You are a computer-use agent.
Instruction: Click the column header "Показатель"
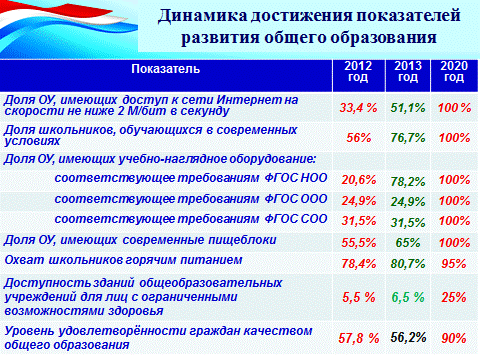[166, 69]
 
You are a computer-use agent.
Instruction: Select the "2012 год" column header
[358, 71]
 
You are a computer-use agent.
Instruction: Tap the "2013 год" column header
[408, 71]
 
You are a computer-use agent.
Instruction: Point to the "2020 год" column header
[454, 71]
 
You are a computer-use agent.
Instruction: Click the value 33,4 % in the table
[358, 108]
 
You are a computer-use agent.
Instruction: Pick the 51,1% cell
[408, 108]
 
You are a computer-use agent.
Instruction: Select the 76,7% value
[408, 137]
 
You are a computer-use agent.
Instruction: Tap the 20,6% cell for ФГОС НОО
[359, 180]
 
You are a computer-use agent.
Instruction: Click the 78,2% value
[408, 182]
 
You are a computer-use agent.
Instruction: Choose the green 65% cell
[408, 243]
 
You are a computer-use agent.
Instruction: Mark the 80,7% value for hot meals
[408, 264]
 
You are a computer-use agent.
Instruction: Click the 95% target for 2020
[454, 264]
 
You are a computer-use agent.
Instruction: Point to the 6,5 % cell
[408, 297]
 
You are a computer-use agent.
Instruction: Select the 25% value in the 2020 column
[454, 297]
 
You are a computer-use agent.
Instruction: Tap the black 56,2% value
[408, 337]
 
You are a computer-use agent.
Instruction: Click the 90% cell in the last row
[454, 338]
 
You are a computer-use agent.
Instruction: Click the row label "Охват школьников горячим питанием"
[123, 260]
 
